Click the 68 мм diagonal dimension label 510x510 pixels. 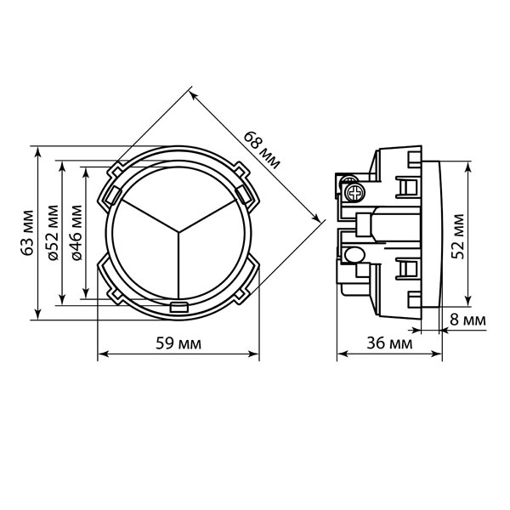pyautogui.click(x=262, y=150)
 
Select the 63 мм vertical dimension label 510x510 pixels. pyautogui.click(x=28, y=233)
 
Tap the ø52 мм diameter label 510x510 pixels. pyautogui.click(x=53, y=233)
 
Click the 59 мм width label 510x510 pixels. pyautogui.click(x=178, y=343)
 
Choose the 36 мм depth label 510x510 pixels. pyautogui.click(x=389, y=343)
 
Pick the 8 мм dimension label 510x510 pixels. pyautogui.click(x=467, y=320)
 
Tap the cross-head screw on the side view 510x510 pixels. pyautogui.click(x=354, y=192)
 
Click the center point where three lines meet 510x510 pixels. pyautogui.click(x=178, y=232)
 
